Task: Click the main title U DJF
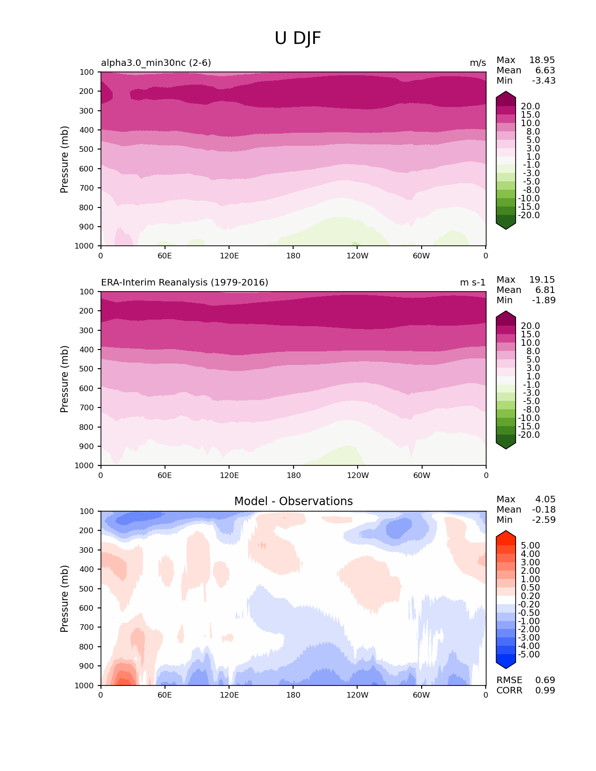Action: [298, 38]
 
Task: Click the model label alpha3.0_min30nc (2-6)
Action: [156, 63]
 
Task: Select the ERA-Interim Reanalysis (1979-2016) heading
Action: [185, 283]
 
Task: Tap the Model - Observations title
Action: [293, 501]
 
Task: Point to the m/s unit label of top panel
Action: [478, 63]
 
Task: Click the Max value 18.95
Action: [542, 60]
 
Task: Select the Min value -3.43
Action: [544, 81]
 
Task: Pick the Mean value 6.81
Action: [545, 290]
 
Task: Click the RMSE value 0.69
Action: [545, 680]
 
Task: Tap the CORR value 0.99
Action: [545, 691]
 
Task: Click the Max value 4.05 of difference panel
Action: [545, 500]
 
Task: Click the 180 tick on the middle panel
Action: [293, 476]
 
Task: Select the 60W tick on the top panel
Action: [421, 256]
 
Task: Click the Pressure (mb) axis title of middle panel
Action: [65, 379]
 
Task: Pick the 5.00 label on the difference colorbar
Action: [530, 546]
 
